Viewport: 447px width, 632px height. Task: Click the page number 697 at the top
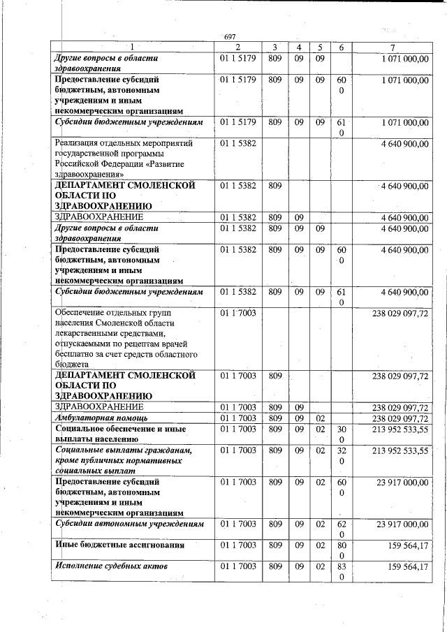coord(230,36)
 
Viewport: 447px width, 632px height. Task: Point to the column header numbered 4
coord(298,47)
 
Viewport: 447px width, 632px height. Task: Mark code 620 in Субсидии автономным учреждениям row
coord(342,529)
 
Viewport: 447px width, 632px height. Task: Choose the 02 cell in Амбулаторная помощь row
coord(320,418)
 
